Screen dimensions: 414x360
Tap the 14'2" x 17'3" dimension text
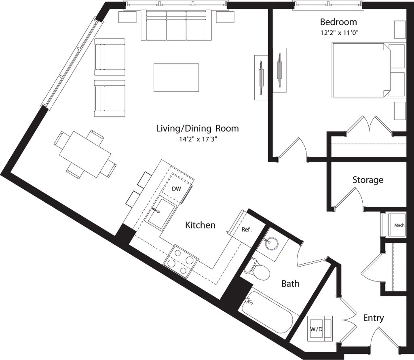point(197,139)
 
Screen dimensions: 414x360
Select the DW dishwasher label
point(176,189)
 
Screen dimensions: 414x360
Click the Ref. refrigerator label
point(247,229)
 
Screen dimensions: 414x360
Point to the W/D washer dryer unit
point(319,328)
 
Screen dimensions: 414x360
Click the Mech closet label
point(399,225)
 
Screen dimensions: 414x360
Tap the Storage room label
point(368,180)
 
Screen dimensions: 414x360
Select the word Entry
point(373,318)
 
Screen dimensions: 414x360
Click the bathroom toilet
point(257,269)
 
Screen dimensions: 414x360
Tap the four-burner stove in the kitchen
point(181,263)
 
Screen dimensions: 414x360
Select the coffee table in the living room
point(176,78)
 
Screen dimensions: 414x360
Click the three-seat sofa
point(176,25)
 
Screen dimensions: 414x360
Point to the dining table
point(85,154)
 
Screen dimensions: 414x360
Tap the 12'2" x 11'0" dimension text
point(340,33)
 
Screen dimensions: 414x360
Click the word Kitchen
point(200,225)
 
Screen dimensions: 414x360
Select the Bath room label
point(290,284)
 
